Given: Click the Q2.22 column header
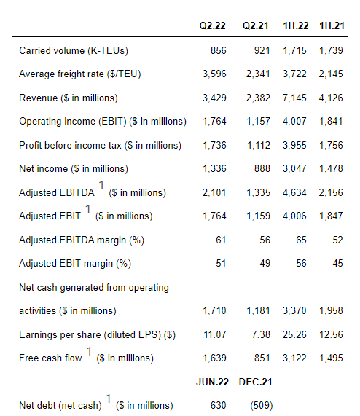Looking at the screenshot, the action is coord(212,25).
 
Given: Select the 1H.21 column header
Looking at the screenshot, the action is coord(332,25).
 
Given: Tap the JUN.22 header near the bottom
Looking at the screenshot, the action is coord(212,382).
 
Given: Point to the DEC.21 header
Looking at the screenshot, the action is coord(255,382).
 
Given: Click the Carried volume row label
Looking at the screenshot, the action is coord(74,50).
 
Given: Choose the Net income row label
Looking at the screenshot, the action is coord(74,168).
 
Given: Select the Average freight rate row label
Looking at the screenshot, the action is coord(80,74).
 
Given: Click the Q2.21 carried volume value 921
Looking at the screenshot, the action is coord(262,50).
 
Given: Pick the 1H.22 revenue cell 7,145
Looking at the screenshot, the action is coord(294,98).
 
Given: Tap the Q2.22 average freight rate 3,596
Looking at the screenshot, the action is coord(214,74).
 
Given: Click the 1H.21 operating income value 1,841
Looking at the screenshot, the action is coord(331,121).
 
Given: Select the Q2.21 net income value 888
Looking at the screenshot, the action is coord(262,168).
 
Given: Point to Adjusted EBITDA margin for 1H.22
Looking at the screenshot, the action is coord(301,240).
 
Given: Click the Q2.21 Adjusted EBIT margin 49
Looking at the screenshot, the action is coord(265,263).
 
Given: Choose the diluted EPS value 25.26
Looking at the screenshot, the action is coord(294,334).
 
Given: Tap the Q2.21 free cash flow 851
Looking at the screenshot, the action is coord(262,358).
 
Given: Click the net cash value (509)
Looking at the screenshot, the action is coord(262,405).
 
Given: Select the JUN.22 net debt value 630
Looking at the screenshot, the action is coord(218,405).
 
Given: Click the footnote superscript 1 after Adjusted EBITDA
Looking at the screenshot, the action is coord(101,185).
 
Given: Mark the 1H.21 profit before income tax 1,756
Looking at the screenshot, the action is coord(331,145).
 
